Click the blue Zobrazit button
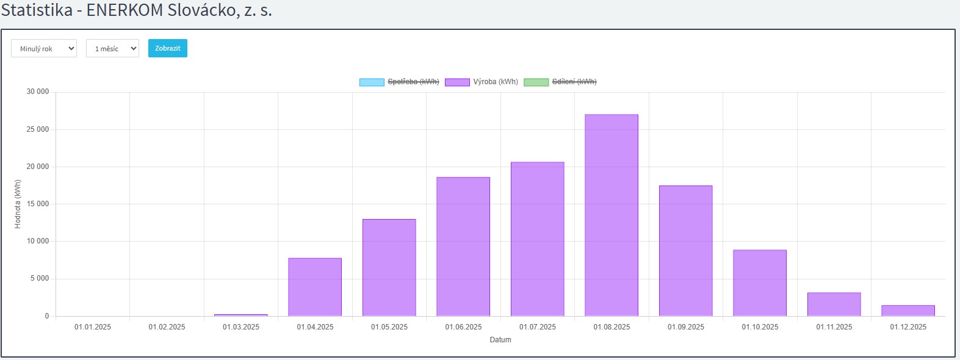pos(167,48)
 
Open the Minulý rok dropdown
pos(44,49)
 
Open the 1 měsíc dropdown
pos(112,49)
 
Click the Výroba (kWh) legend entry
pos(482,82)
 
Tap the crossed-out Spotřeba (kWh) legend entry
pos(399,82)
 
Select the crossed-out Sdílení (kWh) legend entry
pos(560,82)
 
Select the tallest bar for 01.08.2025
pos(612,215)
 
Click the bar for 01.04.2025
pos(315,287)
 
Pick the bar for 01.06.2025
pos(463,247)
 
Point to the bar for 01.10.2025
pos(760,283)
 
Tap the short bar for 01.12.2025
pos(908,311)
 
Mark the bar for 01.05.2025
pos(389,267)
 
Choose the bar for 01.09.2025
pos(685,251)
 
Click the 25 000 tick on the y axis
pos(37,129)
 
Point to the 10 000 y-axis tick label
pos(37,241)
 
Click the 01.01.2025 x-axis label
pos(93,327)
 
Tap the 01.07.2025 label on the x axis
pos(538,327)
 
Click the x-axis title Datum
pos(500,340)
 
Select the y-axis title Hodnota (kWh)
pos(18,204)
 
